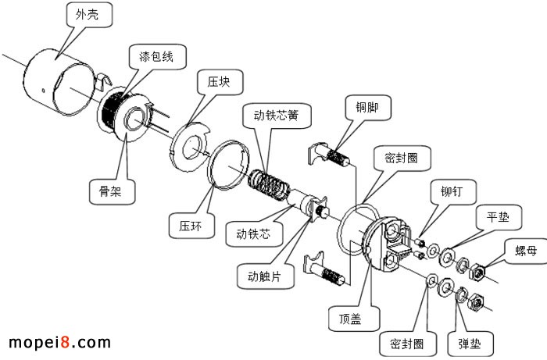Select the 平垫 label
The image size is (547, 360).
[x=497, y=216]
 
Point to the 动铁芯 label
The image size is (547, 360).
[x=248, y=232]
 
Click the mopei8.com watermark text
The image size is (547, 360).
[x=59, y=342]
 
